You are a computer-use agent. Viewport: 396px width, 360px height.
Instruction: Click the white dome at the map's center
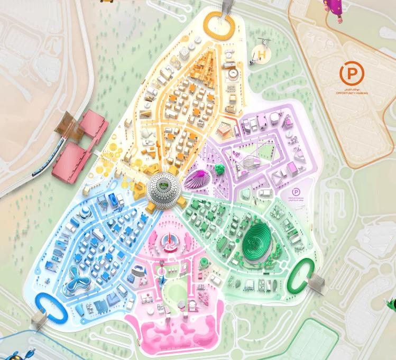pyautogui.click(x=162, y=187)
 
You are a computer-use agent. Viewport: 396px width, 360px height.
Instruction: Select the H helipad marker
pyautogui.click(x=261, y=53)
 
